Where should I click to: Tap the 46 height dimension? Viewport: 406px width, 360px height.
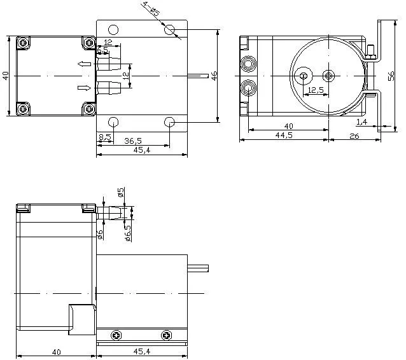[214, 76]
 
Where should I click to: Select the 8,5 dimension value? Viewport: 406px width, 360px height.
[105, 137]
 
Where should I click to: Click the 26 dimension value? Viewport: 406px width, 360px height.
[354, 135]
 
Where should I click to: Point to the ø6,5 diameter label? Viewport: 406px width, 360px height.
[128, 234]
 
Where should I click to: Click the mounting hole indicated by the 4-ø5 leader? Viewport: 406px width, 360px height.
[170, 30]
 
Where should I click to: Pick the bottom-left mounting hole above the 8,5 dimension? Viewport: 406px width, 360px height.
[113, 121]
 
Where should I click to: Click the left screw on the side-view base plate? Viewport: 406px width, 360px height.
[116, 335]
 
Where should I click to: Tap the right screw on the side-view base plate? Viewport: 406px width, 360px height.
[167, 335]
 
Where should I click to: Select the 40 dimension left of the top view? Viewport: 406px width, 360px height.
[6, 76]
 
